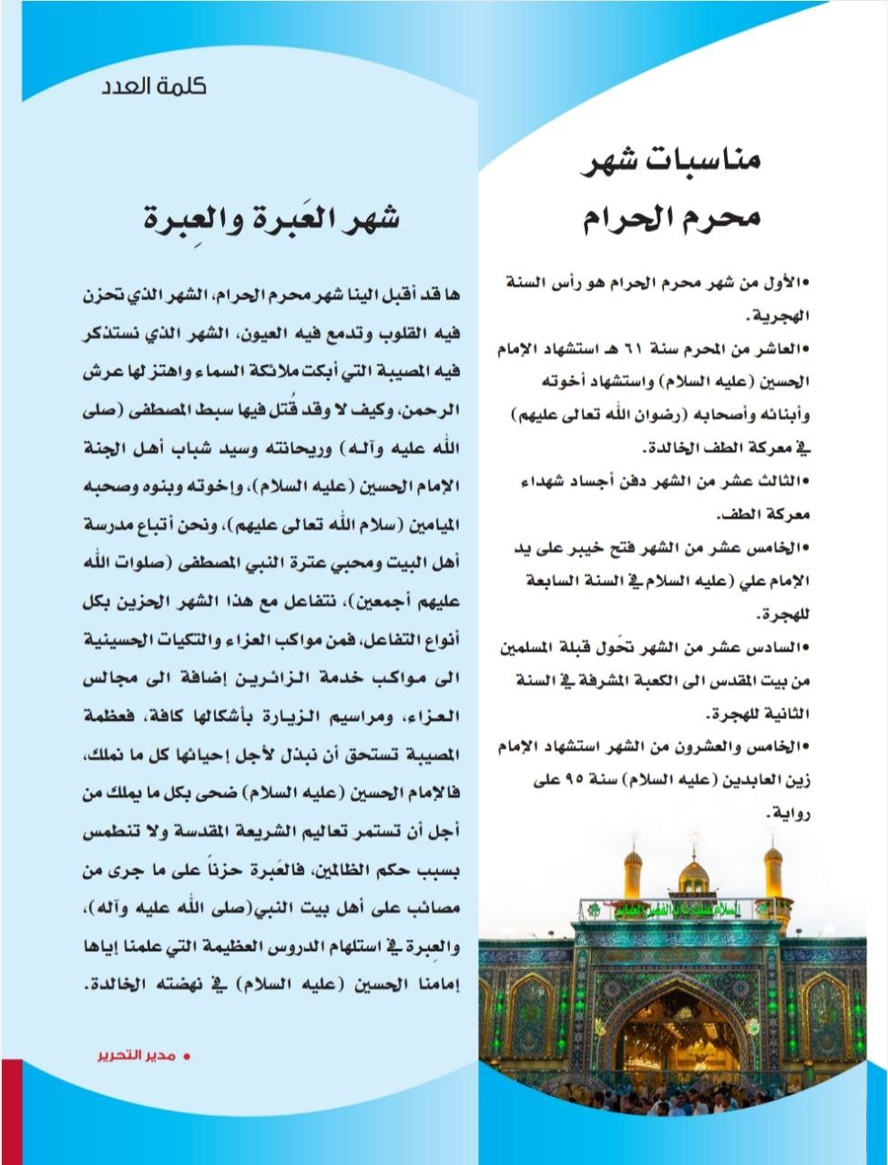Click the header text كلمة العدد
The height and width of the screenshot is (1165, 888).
pos(154,87)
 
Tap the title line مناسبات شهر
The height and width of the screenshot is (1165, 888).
pos(671,164)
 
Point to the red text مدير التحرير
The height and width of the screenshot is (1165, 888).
pos(137,1057)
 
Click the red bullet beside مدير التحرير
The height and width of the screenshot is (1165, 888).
pos(188,1058)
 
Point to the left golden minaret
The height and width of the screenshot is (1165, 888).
pos(632,871)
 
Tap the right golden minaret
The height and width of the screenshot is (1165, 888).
pos(773,871)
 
